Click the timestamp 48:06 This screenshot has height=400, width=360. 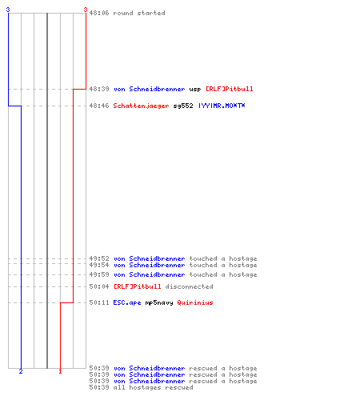[x=99, y=13]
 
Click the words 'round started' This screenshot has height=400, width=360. [x=139, y=13]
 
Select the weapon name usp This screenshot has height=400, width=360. [x=195, y=90]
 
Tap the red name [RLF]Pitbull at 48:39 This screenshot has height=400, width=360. [x=229, y=89]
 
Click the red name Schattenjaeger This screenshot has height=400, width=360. [x=141, y=106]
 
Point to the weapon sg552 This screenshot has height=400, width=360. [x=183, y=106]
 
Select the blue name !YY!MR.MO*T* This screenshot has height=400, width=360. [x=222, y=106]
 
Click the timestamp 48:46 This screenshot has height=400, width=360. [x=99, y=106]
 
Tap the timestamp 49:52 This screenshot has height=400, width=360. [x=99, y=258]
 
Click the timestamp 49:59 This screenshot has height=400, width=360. [x=99, y=274]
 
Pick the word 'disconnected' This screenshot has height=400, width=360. [x=189, y=286]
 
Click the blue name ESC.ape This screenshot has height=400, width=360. [x=127, y=302]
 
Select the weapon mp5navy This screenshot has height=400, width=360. [x=159, y=303]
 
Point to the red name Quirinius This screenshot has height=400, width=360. [x=195, y=302]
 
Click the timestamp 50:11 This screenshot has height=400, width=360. [x=99, y=302]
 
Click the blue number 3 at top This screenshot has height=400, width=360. [x=8, y=10]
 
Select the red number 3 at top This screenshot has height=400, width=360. [x=86, y=10]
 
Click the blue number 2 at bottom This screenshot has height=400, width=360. [x=21, y=371]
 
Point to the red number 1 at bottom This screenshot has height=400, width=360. [x=60, y=371]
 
